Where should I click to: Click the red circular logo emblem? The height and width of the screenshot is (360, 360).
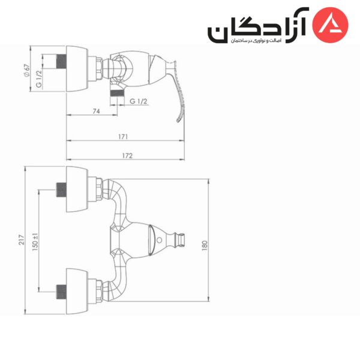[331, 25]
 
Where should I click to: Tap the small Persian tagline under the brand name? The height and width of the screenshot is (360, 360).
[256, 41]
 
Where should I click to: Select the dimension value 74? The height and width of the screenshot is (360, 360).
[97, 111]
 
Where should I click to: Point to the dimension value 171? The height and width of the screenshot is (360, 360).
[123, 137]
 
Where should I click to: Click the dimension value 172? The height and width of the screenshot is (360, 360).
[127, 156]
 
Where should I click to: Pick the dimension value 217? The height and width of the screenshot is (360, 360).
[22, 239]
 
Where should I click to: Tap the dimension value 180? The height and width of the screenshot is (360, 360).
[205, 245]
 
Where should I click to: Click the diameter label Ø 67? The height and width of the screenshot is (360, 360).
[27, 71]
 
